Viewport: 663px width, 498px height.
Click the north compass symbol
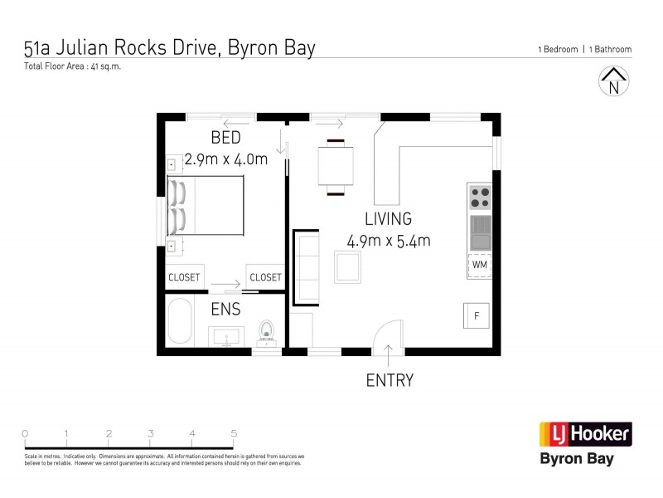click(x=613, y=83)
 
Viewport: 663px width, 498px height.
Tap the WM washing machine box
click(x=480, y=265)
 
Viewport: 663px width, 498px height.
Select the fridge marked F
click(x=477, y=315)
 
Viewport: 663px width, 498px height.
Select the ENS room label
click(x=225, y=310)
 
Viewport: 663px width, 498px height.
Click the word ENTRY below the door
click(x=390, y=381)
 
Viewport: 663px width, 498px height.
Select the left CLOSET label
click(x=184, y=277)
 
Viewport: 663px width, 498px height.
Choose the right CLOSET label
click(x=265, y=277)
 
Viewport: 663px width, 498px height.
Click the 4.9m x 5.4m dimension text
click(x=389, y=242)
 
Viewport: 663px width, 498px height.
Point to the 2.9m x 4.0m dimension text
click(x=225, y=159)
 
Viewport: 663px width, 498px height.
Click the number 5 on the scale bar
click(x=234, y=433)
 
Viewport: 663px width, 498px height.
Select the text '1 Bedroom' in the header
click(x=557, y=50)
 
